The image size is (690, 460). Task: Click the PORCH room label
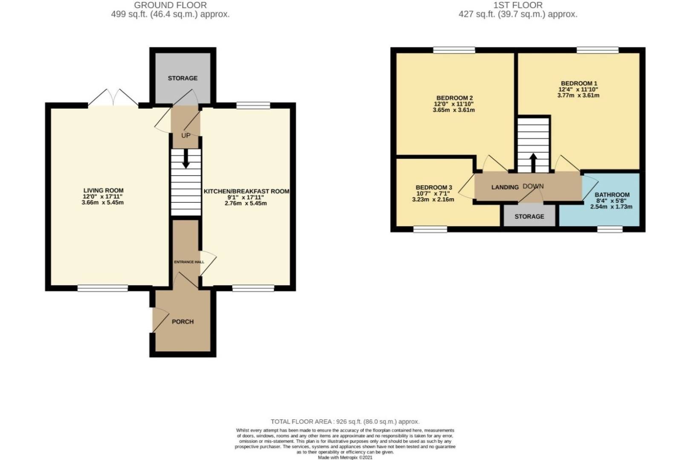click(183, 322)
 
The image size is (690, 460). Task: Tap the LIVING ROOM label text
click(103, 190)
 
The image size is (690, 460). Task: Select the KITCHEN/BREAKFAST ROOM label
click(246, 191)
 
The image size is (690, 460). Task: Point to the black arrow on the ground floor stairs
click(186, 158)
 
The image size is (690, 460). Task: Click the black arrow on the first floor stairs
click(534, 163)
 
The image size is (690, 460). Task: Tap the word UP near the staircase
click(186, 135)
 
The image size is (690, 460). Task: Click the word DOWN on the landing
click(533, 186)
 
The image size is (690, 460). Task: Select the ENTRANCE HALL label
click(189, 262)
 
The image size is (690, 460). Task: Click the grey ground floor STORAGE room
click(183, 78)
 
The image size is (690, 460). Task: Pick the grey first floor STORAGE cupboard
click(529, 216)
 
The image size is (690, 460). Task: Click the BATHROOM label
click(612, 195)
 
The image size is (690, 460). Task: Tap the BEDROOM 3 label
click(434, 187)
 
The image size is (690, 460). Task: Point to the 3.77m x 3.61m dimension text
click(578, 95)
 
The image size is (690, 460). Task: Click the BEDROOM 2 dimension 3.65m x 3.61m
click(454, 110)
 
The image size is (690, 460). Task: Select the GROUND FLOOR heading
click(170, 5)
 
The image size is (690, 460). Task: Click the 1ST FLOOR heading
click(518, 5)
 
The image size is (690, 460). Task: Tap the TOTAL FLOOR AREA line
click(345, 422)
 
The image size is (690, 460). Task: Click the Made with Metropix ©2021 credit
click(345, 457)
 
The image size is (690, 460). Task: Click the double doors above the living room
click(113, 98)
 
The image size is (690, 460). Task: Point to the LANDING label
click(505, 187)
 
